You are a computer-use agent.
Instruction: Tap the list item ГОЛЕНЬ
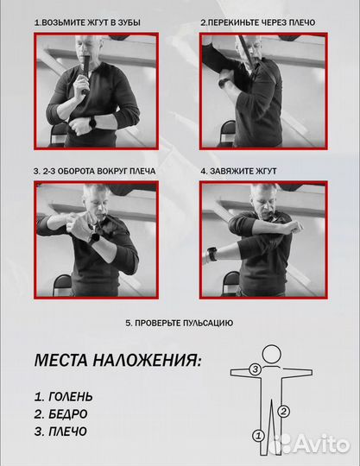click(64, 397)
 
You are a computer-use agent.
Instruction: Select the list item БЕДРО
click(62, 414)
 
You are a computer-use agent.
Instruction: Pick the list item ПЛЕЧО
click(62, 431)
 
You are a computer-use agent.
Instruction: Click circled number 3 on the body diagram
click(255, 369)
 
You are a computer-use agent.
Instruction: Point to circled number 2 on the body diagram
click(282, 411)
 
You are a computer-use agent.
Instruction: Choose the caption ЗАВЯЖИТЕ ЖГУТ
click(235, 171)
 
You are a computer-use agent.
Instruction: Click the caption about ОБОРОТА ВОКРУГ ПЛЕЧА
click(95, 171)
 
